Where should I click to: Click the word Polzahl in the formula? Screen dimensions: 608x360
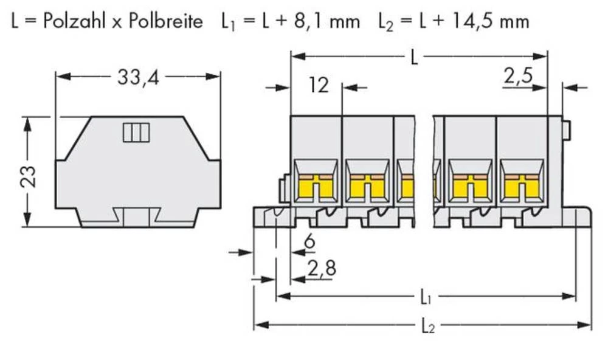74,21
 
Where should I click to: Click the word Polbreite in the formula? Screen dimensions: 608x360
165,21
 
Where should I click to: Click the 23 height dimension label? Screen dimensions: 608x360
29,176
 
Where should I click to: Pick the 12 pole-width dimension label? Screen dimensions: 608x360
319,85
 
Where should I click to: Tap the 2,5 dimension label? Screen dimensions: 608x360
519,75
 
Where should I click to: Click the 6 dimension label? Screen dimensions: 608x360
309,241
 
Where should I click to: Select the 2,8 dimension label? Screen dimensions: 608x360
322,268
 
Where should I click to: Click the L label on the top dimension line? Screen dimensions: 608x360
415,57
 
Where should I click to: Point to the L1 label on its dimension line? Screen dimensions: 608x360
426,297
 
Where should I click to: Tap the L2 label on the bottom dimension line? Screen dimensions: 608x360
427,326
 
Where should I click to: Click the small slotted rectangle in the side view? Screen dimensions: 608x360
136,133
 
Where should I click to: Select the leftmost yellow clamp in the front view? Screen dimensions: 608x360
316,186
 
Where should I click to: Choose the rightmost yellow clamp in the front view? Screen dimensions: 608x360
522,186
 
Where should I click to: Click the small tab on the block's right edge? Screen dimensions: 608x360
565,130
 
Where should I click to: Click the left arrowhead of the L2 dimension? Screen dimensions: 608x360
261,324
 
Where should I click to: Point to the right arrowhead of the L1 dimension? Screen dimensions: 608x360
568,296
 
